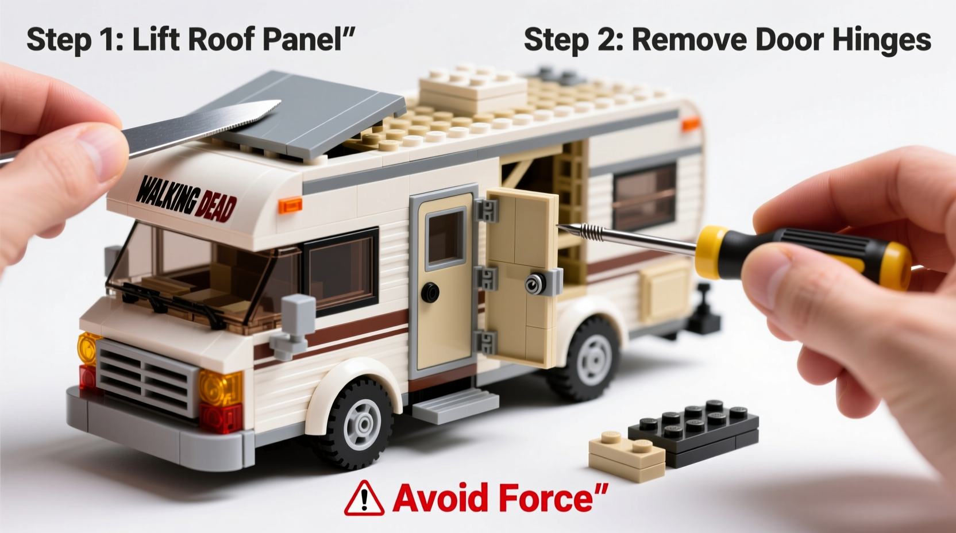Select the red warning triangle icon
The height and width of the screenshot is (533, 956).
pos(364,498)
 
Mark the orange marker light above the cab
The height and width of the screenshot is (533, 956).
pos(290,204)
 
